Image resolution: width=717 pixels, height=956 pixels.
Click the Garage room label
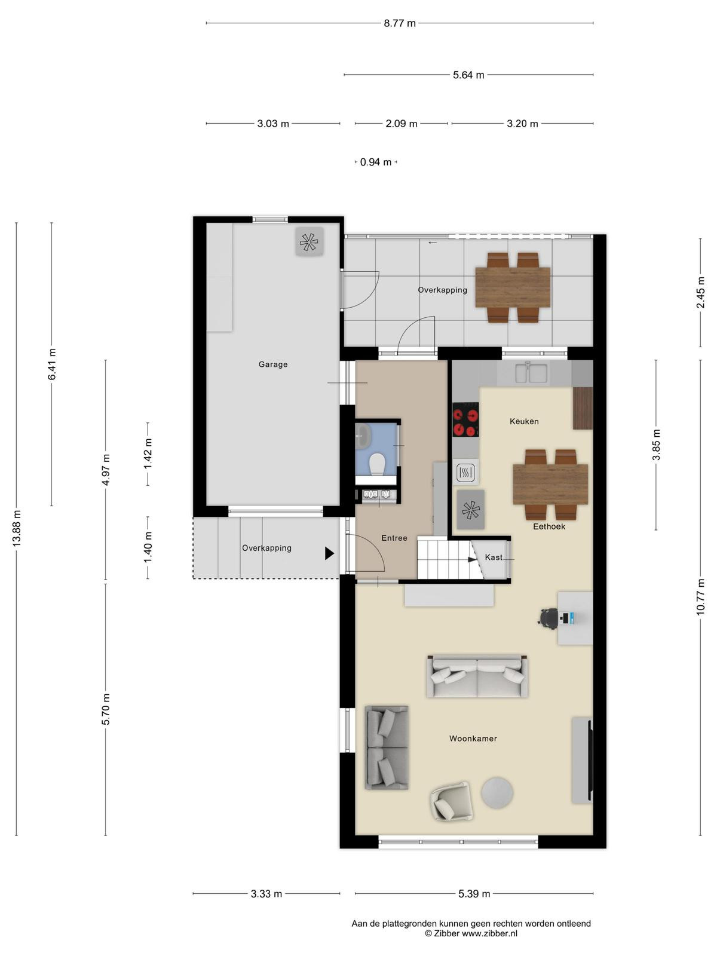[x=273, y=364]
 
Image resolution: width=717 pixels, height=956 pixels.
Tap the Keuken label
[x=524, y=421]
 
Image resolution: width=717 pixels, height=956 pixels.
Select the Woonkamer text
[x=473, y=739]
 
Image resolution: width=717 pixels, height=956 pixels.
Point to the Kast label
[x=494, y=557]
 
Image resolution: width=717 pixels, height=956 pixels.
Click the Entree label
[x=394, y=538]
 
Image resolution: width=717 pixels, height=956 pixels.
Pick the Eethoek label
[x=549, y=526]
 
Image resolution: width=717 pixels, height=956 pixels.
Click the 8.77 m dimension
[x=400, y=23]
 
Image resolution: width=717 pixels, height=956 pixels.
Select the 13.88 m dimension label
[x=17, y=528]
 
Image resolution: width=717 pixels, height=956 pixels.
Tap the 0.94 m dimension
[x=376, y=162]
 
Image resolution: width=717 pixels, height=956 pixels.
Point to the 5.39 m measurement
[x=474, y=894]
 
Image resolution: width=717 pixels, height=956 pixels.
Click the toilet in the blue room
[x=376, y=464]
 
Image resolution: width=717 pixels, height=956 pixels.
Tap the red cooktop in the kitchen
[x=465, y=419]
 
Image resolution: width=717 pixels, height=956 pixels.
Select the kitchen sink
[x=531, y=373]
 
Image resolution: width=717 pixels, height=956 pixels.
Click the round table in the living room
[x=497, y=793]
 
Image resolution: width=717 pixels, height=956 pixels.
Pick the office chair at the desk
[x=549, y=618]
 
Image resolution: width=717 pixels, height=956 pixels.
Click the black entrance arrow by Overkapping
[x=330, y=553]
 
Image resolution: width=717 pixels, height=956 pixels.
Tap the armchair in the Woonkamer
[x=451, y=801]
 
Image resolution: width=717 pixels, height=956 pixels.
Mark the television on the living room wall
[x=590, y=759]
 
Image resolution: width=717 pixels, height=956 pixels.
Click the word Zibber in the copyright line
[x=446, y=933]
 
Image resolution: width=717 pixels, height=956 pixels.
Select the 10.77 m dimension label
[x=700, y=597]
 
